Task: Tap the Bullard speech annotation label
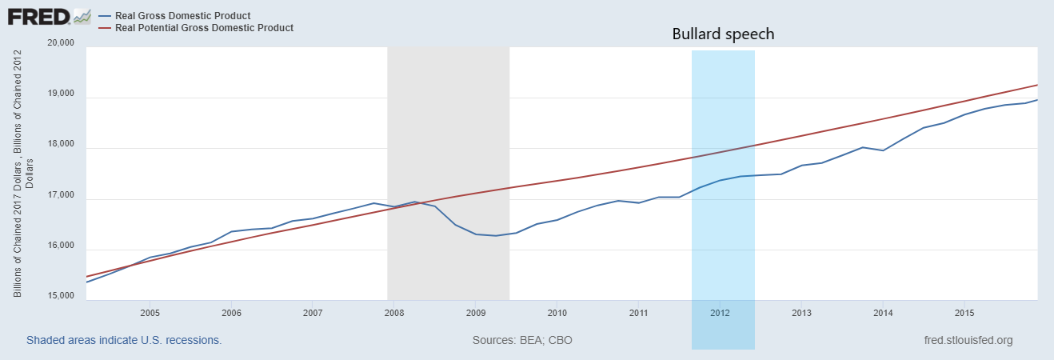723,34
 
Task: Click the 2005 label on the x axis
150,312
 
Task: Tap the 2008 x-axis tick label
393,312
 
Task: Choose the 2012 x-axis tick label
720,312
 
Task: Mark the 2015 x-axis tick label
964,312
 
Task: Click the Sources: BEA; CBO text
522,341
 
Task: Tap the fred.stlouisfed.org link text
968,341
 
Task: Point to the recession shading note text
124,341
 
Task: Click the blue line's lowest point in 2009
496,235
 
